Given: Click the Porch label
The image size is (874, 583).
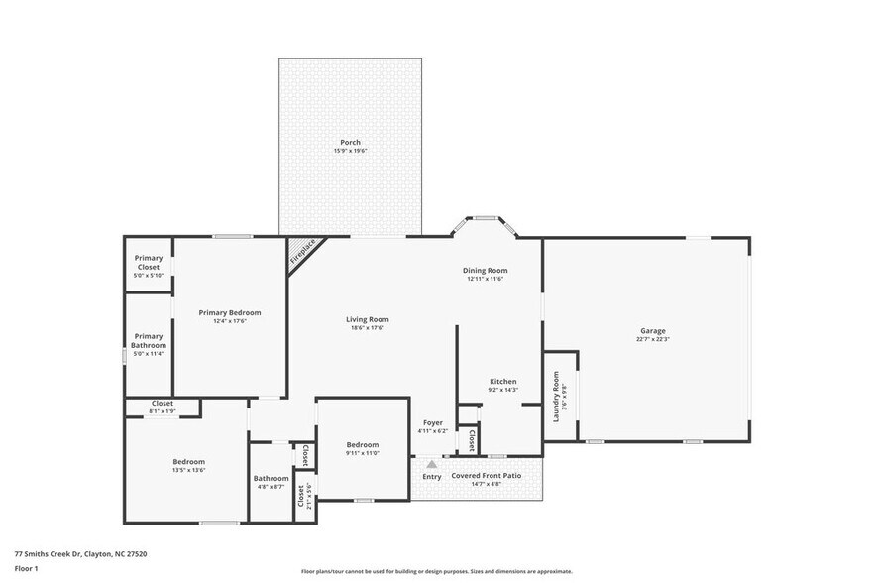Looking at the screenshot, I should tap(350, 142).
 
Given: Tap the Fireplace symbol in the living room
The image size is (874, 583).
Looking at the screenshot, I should tap(302, 251).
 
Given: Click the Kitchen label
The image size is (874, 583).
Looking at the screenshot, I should tap(502, 382).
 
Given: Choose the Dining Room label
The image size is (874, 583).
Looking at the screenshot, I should tap(485, 271).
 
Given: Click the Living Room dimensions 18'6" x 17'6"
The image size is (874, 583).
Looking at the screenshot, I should tap(367, 328).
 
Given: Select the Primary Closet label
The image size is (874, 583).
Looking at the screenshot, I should tap(149, 262).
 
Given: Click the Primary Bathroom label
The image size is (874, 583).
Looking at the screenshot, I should tap(149, 341).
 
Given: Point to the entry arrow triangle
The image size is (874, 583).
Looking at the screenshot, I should tap(431, 463).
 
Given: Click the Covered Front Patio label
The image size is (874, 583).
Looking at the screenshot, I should tap(486, 476).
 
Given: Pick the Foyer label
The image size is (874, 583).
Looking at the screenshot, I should tap(432, 423).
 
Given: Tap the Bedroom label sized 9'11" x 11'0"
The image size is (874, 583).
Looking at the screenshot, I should tap(362, 445).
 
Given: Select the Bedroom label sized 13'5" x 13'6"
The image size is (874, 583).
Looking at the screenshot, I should tap(189, 462).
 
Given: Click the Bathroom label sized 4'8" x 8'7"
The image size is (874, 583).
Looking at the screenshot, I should tap(271, 479).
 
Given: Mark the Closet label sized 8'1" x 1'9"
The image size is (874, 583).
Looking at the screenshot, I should tap(162, 404).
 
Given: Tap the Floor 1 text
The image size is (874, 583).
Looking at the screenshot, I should tap(26, 569).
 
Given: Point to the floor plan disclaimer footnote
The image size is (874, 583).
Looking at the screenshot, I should tap(436, 571).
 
